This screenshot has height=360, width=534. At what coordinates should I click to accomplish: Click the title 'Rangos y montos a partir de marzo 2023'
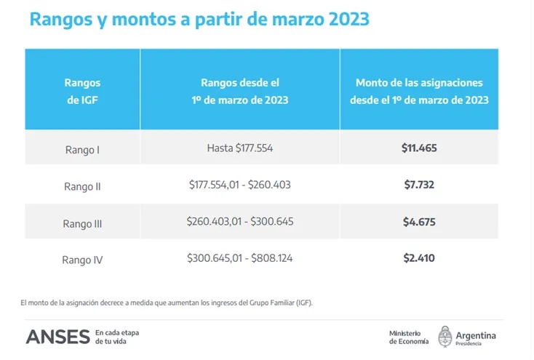point(199,20)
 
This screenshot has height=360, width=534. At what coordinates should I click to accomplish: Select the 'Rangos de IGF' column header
point(82,91)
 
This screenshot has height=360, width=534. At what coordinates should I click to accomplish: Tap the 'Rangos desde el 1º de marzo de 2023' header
point(239,91)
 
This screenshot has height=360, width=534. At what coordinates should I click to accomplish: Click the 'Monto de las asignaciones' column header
point(418,91)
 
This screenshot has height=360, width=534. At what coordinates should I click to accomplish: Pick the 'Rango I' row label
point(82,150)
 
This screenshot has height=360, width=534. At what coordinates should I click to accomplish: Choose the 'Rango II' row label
point(82,186)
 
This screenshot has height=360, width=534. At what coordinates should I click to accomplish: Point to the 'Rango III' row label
point(82,223)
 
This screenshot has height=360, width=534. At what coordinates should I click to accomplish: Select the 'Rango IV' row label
point(82,260)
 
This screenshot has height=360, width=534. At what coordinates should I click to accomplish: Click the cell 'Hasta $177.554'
point(239,148)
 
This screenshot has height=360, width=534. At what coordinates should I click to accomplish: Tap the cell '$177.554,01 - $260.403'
point(239,185)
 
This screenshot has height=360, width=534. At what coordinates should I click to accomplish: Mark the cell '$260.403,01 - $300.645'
point(239,221)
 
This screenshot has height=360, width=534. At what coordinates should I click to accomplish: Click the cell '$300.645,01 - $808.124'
point(239,257)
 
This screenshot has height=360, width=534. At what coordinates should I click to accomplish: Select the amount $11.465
point(419,148)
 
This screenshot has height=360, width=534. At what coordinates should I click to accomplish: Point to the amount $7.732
point(419,185)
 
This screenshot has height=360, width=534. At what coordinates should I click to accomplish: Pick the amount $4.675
point(419,221)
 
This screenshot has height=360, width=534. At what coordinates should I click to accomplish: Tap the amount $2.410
point(419,257)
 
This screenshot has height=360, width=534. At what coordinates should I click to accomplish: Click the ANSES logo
point(57,337)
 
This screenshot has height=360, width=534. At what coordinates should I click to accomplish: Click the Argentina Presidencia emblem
point(445,337)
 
